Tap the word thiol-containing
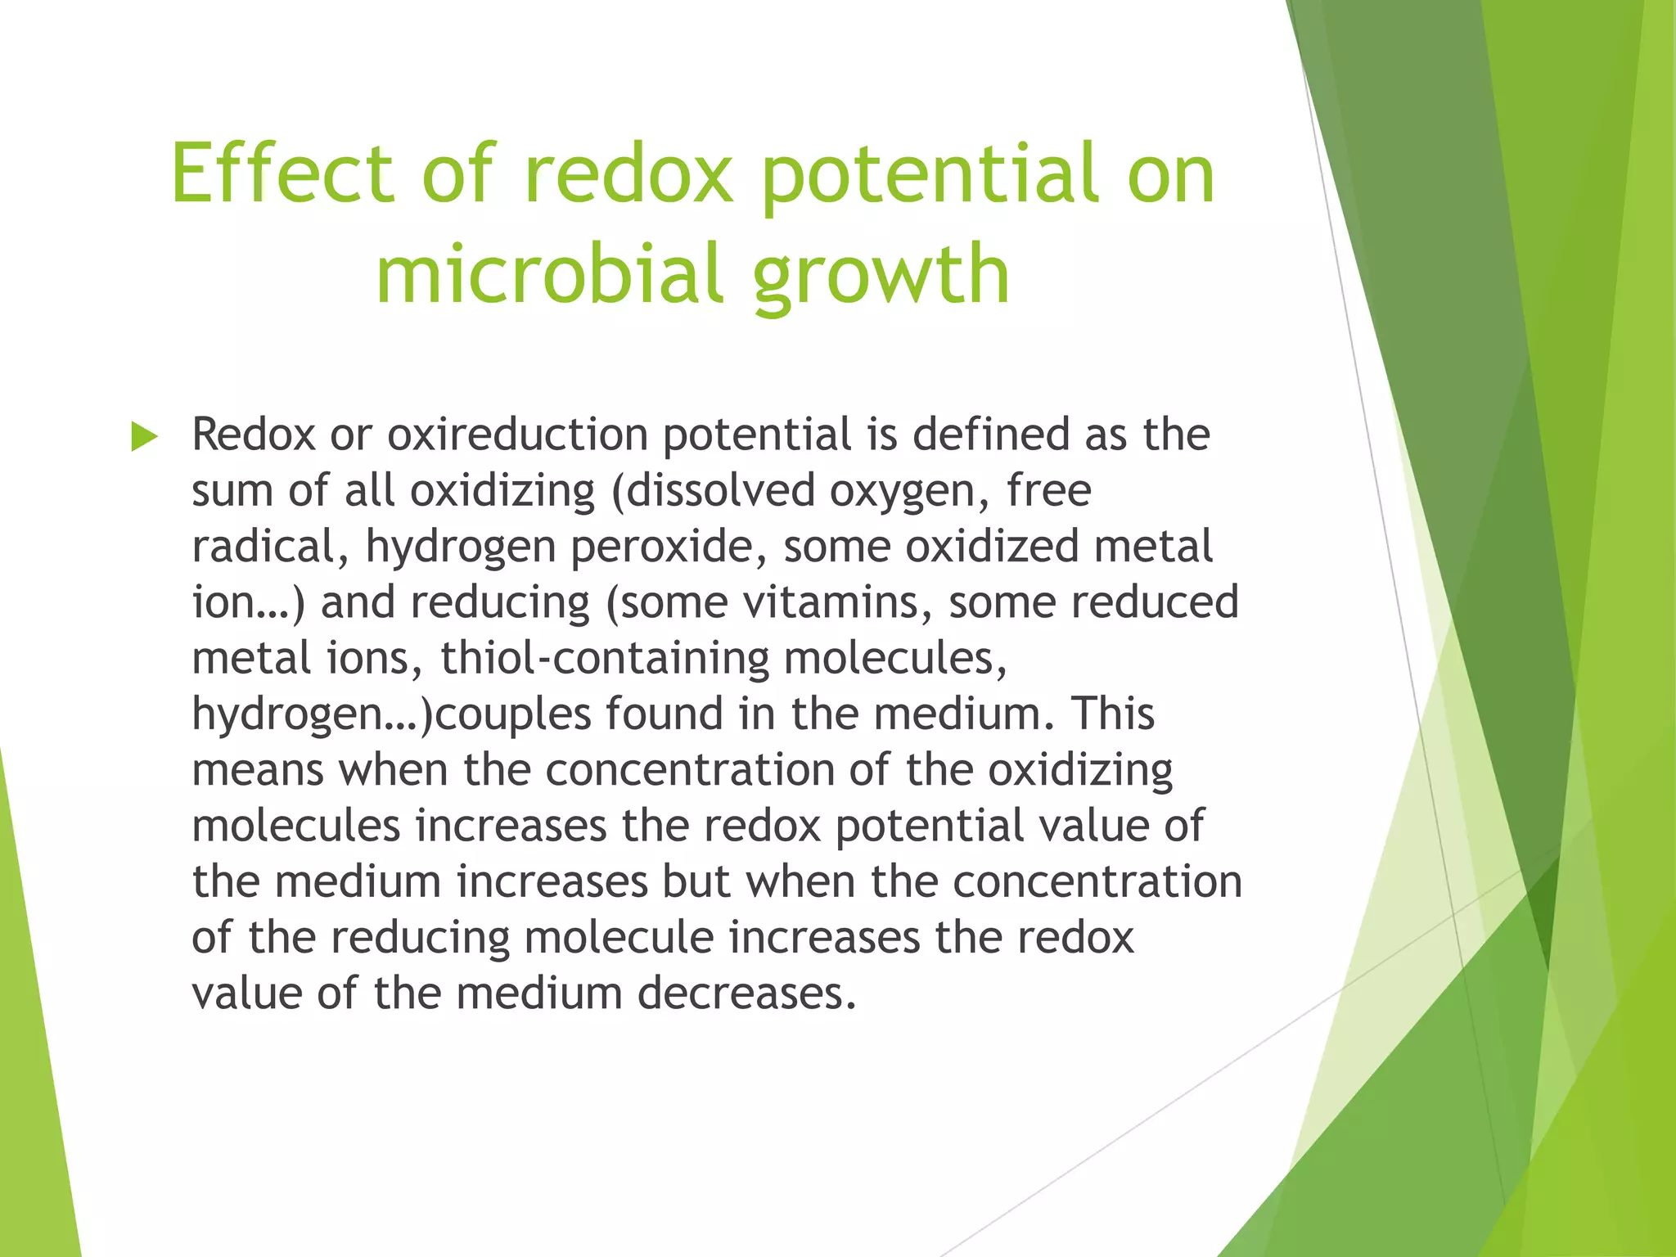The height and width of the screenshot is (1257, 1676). (605, 659)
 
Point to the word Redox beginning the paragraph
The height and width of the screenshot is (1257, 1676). (253, 435)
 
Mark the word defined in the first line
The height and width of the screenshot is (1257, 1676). (990, 435)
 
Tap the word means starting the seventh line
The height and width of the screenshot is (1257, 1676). (257, 771)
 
